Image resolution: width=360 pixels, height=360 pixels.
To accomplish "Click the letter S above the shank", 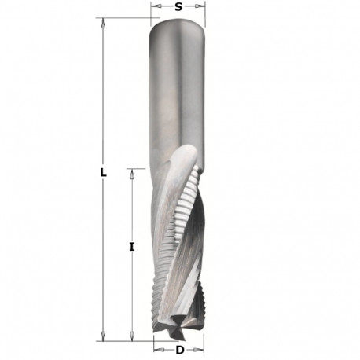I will pyautogui.click(x=178, y=6).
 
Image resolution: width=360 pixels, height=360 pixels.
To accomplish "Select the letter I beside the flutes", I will pyautogui.click(x=131, y=247).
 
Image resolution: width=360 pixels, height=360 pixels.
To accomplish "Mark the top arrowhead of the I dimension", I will pyautogui.click(x=131, y=172).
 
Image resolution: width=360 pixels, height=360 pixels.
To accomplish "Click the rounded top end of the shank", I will pyautogui.click(x=178, y=24).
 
